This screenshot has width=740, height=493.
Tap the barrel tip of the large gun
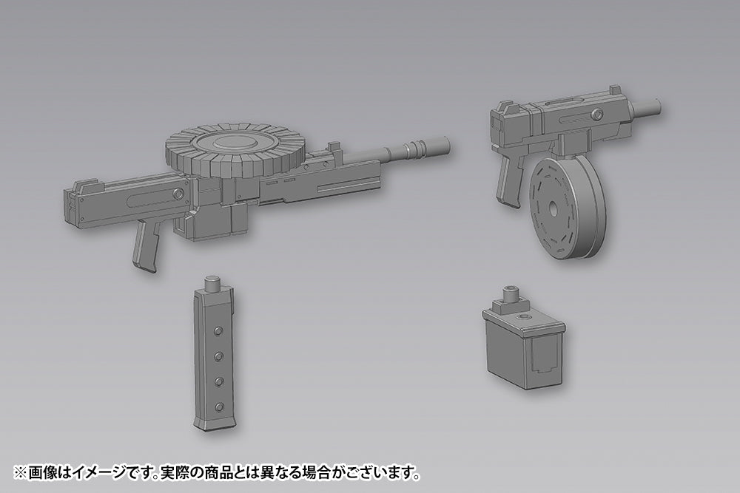[x=446, y=143]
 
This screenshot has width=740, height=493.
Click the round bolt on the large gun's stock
[x=178, y=193]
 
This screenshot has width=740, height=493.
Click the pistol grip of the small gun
[x=509, y=179]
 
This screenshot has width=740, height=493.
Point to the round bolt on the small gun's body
[x=598, y=114]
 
